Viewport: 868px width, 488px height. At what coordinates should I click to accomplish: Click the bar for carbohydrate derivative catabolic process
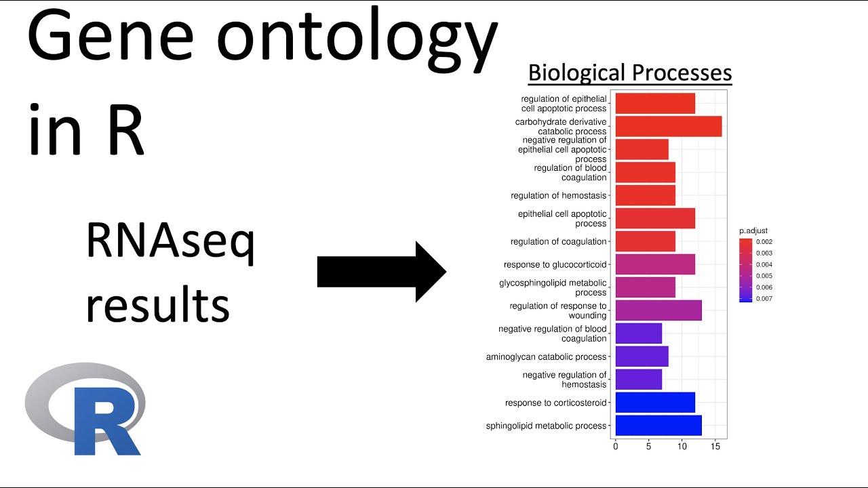click(668, 127)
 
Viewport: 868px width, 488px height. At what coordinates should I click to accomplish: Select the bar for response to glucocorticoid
click(654, 264)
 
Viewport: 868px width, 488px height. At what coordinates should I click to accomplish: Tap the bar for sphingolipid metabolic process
click(658, 426)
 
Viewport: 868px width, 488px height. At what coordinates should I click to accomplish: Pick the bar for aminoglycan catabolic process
click(642, 357)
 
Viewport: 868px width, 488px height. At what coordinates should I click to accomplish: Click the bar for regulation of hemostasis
click(645, 196)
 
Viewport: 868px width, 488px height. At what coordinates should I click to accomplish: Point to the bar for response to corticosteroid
click(654, 403)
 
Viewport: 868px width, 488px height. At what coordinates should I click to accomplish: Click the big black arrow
click(381, 272)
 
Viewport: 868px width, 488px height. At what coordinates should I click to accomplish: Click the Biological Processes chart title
click(629, 73)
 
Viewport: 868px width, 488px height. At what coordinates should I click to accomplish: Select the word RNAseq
click(170, 245)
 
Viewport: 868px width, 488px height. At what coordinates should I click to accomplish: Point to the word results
click(157, 304)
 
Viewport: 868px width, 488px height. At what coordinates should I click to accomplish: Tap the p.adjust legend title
click(753, 231)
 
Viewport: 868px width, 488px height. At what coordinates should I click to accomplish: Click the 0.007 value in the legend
click(764, 298)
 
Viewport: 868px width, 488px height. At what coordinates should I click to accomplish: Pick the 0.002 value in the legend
click(764, 241)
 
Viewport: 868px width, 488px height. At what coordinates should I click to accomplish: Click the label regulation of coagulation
click(558, 242)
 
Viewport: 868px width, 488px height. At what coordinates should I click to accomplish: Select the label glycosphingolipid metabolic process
click(553, 287)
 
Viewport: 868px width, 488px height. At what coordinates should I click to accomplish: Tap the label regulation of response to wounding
click(558, 310)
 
